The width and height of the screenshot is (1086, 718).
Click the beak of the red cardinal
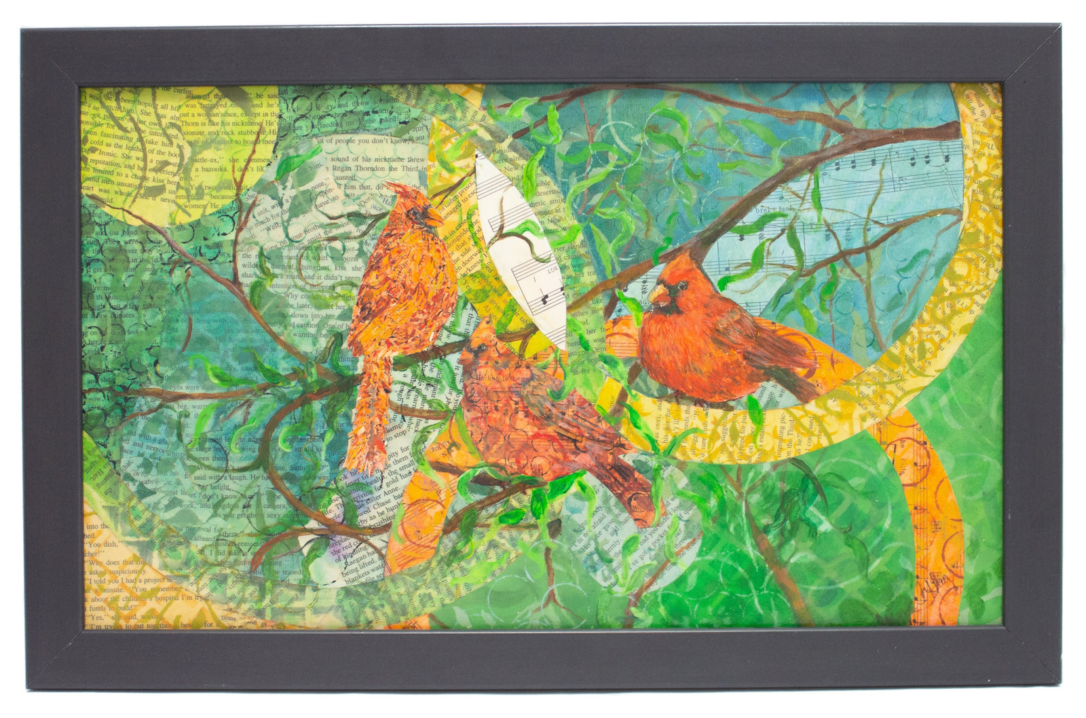[658, 293]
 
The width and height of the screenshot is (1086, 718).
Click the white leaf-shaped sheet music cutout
[519, 251]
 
